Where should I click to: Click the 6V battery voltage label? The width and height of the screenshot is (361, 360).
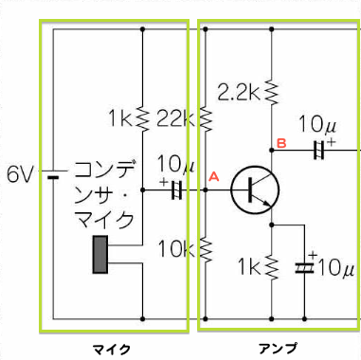tap(19, 174)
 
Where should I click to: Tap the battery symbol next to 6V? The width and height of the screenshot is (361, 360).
tap(53, 175)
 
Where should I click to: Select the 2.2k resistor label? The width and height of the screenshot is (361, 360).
tap(239, 92)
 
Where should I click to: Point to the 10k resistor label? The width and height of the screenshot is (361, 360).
tap(177, 250)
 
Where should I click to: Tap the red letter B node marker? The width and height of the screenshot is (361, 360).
tap(280, 143)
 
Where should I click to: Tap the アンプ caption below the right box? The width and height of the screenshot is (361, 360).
tap(278, 350)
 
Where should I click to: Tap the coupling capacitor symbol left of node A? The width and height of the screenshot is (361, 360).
tap(175, 190)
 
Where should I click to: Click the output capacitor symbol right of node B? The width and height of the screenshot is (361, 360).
tap(320, 149)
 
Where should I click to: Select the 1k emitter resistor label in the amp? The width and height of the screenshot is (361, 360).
tap(250, 267)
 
